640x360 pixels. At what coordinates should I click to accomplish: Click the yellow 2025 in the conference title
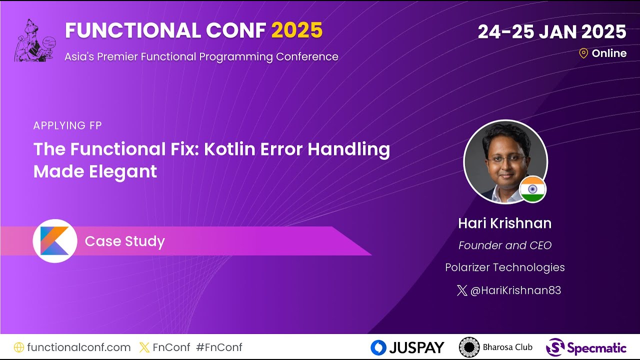click(x=297, y=31)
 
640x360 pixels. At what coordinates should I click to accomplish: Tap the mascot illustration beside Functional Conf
click(x=34, y=41)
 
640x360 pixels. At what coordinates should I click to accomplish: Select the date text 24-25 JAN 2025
click(x=551, y=32)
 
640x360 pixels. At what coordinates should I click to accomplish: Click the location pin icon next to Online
click(x=583, y=53)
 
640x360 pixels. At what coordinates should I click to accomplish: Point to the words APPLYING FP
click(x=67, y=125)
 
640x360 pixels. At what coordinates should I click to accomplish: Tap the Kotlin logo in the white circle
click(x=55, y=241)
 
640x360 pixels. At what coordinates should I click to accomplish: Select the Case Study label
click(x=124, y=241)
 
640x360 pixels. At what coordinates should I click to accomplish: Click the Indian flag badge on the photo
click(x=532, y=189)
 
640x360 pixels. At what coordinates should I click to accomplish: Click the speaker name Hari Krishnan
click(x=504, y=223)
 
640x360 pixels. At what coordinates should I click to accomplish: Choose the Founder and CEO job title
click(x=504, y=245)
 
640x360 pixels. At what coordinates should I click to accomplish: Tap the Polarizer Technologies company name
click(x=504, y=267)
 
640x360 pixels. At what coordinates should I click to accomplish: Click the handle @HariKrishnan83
click(x=515, y=290)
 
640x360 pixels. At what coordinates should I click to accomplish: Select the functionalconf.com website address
click(x=78, y=347)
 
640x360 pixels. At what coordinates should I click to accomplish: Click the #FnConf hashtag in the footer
click(x=219, y=347)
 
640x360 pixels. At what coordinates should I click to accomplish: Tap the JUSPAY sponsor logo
click(x=407, y=347)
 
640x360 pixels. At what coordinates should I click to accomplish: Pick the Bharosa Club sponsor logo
click(x=495, y=347)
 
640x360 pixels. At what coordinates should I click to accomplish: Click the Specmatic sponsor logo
click(x=586, y=347)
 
